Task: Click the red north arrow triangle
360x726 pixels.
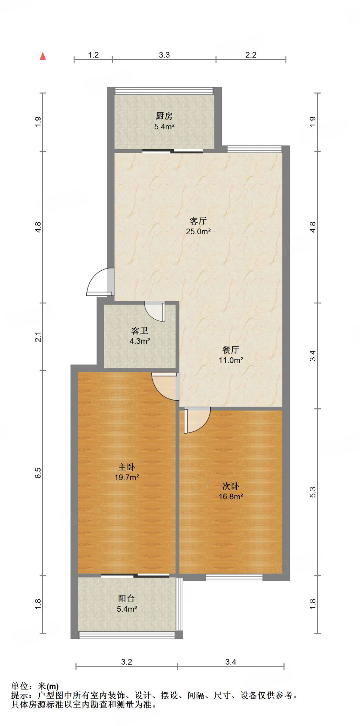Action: click(43, 56)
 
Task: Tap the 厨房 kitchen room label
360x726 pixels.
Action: click(164, 116)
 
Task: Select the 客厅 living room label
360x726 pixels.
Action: click(198, 221)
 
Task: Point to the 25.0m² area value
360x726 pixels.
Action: click(198, 231)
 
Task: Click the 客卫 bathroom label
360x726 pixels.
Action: click(140, 331)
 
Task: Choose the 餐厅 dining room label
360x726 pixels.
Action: click(231, 350)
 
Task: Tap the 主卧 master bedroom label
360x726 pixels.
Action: click(126, 467)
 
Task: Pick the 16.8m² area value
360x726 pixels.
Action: click(231, 497)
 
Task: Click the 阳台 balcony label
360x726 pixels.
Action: click(126, 598)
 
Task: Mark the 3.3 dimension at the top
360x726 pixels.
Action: click(164, 55)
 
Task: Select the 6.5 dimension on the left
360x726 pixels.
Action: click(38, 473)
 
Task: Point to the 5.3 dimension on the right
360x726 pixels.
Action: click(313, 492)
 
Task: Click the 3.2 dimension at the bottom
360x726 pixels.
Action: click(126, 662)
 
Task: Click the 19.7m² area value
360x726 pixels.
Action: click(126, 478)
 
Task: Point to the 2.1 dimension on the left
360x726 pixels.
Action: click(38, 337)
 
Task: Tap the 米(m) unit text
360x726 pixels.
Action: click(48, 687)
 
